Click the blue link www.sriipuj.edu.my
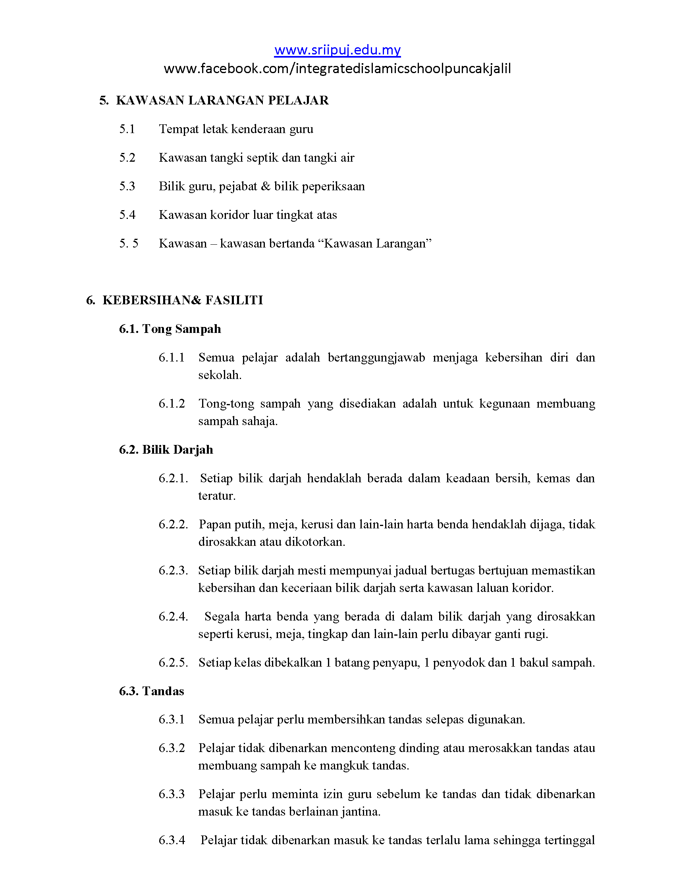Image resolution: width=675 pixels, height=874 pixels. [337, 50]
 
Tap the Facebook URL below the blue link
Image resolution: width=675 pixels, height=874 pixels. [337, 69]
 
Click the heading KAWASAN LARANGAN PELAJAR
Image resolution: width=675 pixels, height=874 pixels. [222, 101]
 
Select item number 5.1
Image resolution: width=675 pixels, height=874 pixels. [127, 129]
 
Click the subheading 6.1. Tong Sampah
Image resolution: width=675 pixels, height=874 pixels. [170, 329]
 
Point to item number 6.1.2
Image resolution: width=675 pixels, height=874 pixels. [172, 403]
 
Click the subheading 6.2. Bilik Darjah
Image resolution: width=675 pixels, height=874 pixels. [166, 450]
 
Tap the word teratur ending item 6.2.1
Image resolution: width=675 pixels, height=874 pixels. [216, 496]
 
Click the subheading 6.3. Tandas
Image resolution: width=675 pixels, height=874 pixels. [152, 691]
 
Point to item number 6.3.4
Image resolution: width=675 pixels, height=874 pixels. [172, 839]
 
